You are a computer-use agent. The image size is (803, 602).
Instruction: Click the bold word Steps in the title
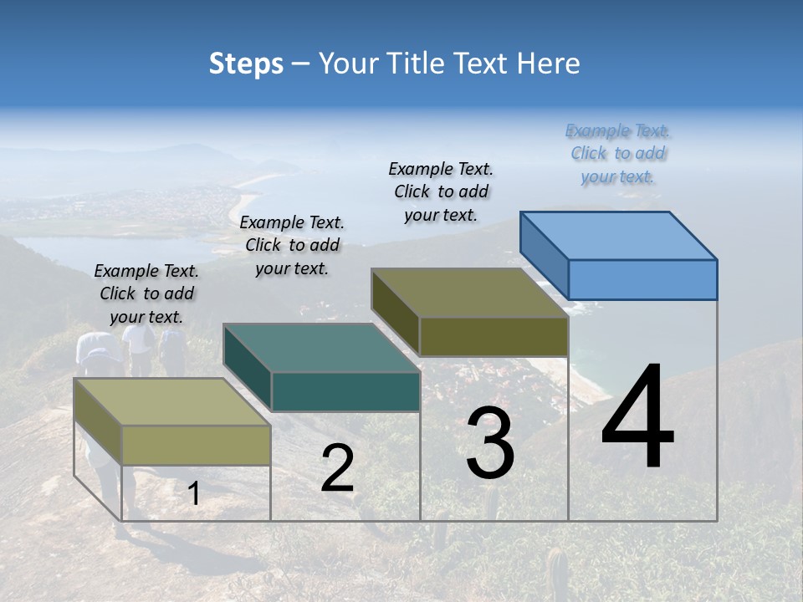click(246, 64)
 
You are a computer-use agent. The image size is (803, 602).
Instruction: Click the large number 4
click(637, 418)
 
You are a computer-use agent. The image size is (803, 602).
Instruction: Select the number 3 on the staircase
click(490, 443)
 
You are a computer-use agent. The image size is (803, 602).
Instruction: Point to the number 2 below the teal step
click(337, 468)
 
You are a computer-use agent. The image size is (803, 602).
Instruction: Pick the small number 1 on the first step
click(193, 494)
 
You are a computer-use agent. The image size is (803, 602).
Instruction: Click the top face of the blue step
click(619, 235)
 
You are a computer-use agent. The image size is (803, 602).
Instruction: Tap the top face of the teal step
click(322, 348)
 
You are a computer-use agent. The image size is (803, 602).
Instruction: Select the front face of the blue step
click(642, 279)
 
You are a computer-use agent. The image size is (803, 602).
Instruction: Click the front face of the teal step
click(345, 391)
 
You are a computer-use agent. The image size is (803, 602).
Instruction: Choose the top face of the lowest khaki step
click(172, 401)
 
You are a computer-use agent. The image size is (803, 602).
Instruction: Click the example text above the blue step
click(618, 154)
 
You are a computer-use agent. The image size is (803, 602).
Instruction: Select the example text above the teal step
click(292, 245)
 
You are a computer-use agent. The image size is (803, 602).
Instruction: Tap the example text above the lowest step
click(146, 293)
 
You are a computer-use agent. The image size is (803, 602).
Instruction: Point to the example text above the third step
click(441, 191)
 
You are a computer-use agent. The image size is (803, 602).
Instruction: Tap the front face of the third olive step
click(494, 336)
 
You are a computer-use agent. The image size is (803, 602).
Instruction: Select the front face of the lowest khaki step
click(196, 445)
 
